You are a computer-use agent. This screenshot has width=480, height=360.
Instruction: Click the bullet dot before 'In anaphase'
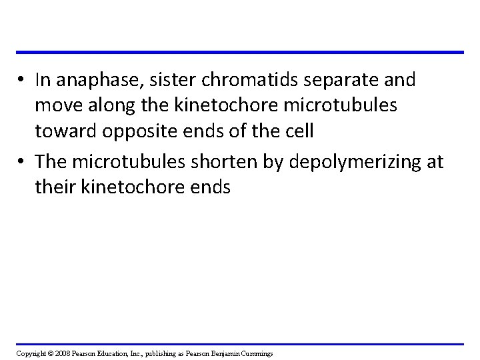click(x=23, y=81)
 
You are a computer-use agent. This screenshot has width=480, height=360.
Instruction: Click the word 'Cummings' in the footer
click(x=260, y=352)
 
